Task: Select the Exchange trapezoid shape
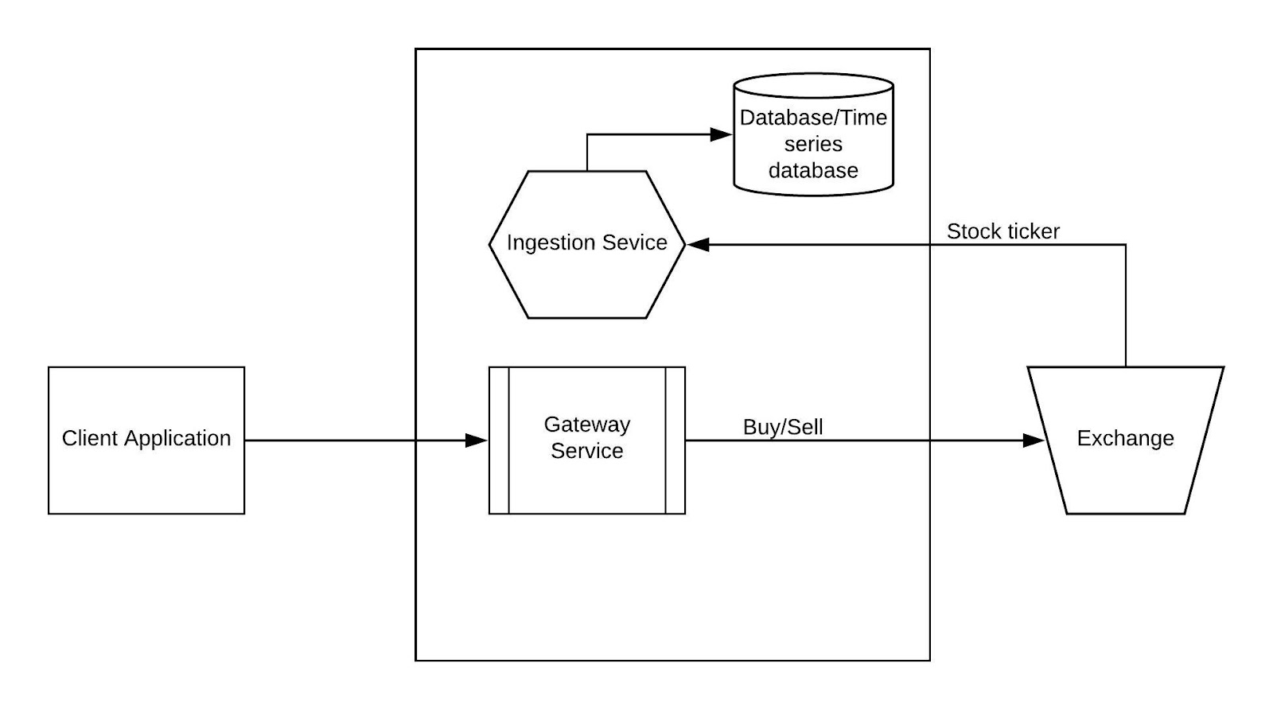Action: [x=1125, y=477]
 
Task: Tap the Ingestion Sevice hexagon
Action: [x=586, y=278]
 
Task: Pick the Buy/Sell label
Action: [x=783, y=427]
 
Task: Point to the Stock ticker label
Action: [x=1002, y=231]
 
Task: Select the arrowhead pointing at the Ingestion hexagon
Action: [x=698, y=245]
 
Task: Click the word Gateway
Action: [x=586, y=425]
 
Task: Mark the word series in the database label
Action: [x=813, y=144]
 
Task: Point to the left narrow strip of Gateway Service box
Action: [x=499, y=440]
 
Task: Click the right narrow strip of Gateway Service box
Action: [x=675, y=440]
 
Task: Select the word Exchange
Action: [x=1125, y=438]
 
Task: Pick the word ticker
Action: [x=1033, y=231]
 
